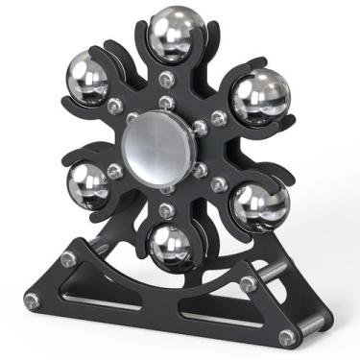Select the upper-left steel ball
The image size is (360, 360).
tap(87, 81)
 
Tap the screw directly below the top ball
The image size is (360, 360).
tap(169, 80)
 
